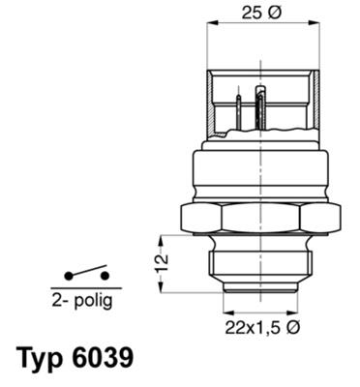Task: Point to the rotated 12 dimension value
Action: (163, 259)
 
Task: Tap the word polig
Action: (91, 301)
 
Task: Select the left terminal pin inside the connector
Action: (237, 107)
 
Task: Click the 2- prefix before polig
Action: (59, 301)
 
